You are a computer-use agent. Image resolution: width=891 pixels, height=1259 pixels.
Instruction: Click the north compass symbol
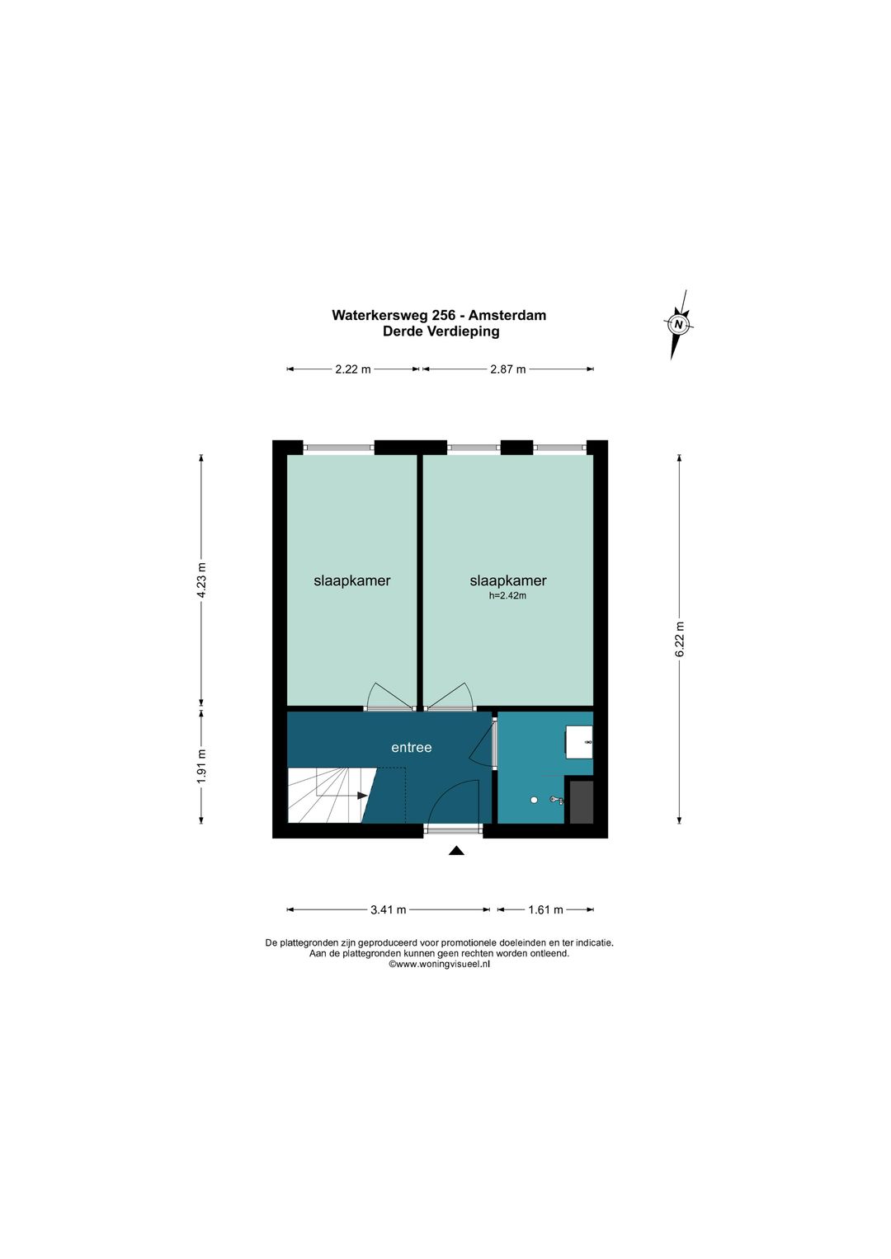pyautogui.click(x=678, y=324)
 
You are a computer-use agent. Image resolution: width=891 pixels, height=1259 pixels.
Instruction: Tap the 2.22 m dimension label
pyautogui.click(x=353, y=369)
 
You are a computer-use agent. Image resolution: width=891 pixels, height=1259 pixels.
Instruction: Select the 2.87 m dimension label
pyautogui.click(x=508, y=369)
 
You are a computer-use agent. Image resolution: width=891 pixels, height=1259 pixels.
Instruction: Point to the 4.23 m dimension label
pyautogui.click(x=202, y=580)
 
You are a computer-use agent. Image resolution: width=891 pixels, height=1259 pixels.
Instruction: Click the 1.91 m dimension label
pyautogui.click(x=202, y=767)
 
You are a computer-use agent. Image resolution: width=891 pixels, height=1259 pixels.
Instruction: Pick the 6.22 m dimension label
pyautogui.click(x=680, y=638)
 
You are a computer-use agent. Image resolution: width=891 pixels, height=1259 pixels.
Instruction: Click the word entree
pyautogui.click(x=412, y=748)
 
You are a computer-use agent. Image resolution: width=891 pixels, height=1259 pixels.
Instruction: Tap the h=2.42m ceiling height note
pyautogui.click(x=508, y=596)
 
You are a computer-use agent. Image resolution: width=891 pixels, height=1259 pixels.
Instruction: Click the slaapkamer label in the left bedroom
pyautogui.click(x=352, y=580)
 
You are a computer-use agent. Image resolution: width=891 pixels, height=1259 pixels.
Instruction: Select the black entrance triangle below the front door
pyautogui.click(x=456, y=851)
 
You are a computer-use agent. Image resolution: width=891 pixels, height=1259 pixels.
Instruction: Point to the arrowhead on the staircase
pyautogui.click(x=361, y=796)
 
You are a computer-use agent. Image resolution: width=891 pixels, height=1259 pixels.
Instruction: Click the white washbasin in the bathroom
pyautogui.click(x=579, y=742)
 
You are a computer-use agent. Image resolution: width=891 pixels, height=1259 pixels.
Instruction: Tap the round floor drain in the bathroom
pyautogui.click(x=534, y=799)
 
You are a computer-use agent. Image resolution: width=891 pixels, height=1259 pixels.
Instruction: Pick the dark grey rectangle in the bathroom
pyautogui.click(x=582, y=802)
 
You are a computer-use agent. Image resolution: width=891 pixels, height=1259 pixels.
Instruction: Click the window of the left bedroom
pyautogui.click(x=338, y=448)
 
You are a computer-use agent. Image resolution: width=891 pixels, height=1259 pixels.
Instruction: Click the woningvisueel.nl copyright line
pyautogui.click(x=439, y=964)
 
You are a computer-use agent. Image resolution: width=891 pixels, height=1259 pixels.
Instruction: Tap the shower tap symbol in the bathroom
pyautogui.click(x=557, y=800)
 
